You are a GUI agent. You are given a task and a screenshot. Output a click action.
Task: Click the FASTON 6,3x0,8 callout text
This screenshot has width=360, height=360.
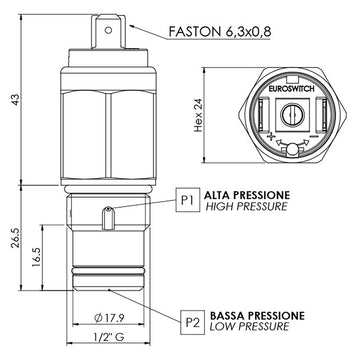pyautogui.click(x=220, y=31)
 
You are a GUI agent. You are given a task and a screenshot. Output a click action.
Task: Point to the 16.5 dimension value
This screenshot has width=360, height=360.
pyautogui.click(x=37, y=257)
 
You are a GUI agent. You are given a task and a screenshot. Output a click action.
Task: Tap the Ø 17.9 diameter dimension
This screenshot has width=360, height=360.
pyautogui.click(x=109, y=318)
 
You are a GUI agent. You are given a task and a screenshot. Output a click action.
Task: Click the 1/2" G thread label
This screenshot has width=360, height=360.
pyautogui.click(x=108, y=337)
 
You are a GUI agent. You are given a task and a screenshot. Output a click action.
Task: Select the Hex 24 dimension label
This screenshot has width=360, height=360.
pyautogui.click(x=199, y=116)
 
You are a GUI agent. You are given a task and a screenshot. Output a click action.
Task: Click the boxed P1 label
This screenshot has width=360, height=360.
pyautogui.click(x=187, y=200)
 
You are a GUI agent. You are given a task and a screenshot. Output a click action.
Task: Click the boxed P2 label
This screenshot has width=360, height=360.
pyautogui.click(x=192, y=322)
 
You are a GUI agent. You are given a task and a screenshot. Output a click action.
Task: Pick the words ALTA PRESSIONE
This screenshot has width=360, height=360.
pyautogui.click(x=247, y=195)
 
